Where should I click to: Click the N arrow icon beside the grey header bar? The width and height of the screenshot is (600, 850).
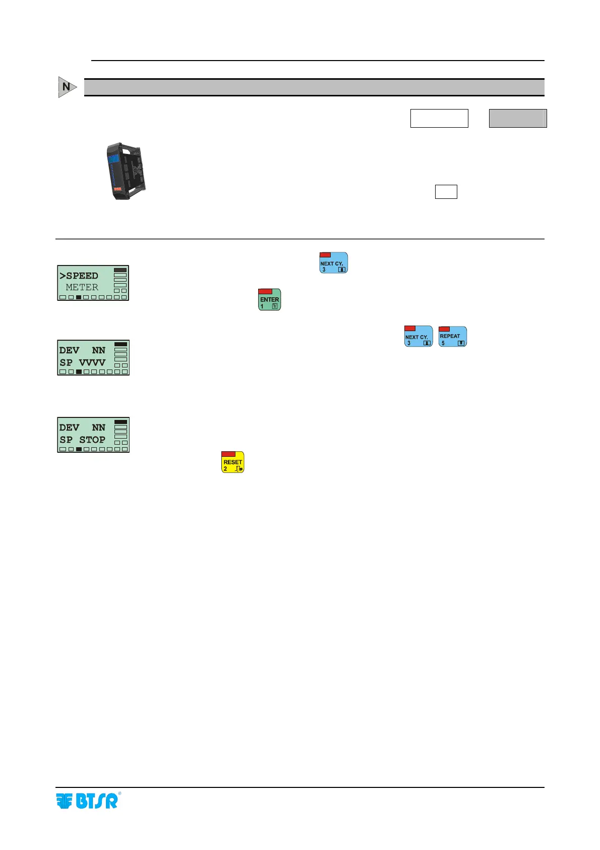click(x=67, y=87)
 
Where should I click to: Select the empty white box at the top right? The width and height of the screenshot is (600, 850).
click(x=439, y=118)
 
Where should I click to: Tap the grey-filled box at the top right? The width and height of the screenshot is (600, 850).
click(x=518, y=118)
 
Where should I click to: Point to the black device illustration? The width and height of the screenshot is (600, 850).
click(x=127, y=171)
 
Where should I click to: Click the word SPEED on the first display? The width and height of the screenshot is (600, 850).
click(x=82, y=276)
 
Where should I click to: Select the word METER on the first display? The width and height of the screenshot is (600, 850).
click(x=82, y=287)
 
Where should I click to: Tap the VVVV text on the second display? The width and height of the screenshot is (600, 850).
click(x=92, y=362)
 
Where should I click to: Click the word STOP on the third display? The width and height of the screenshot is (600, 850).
click(x=92, y=440)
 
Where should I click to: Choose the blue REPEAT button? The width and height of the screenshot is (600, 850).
click(x=453, y=337)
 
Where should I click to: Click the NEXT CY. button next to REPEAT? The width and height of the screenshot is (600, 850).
click(x=418, y=337)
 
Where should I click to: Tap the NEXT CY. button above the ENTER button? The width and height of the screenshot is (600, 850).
click(x=333, y=263)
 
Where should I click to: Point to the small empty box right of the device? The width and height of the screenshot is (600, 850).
click(x=446, y=192)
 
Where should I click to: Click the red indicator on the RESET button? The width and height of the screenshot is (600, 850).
click(x=228, y=454)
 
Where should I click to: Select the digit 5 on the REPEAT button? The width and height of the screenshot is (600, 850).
click(x=443, y=343)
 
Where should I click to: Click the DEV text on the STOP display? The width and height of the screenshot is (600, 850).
click(x=69, y=428)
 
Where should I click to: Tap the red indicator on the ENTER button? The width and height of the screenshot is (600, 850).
click(x=265, y=292)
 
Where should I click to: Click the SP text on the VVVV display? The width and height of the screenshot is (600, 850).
click(x=66, y=362)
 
